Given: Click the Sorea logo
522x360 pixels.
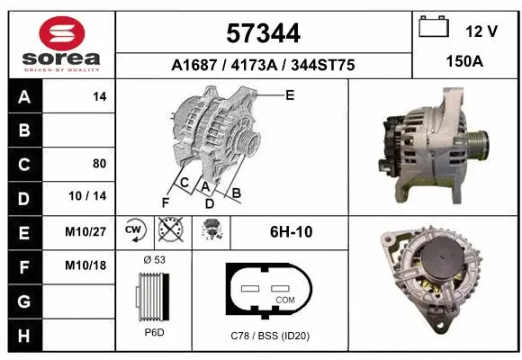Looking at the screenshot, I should click(60, 42).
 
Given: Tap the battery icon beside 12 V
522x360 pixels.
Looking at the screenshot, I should click(435, 28).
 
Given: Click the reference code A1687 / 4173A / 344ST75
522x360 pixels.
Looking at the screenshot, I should click(263, 65).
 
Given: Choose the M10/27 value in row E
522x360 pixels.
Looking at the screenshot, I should click(86, 231).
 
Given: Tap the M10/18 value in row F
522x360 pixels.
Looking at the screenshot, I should click(86, 265).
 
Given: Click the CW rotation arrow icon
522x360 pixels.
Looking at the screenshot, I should click(134, 230).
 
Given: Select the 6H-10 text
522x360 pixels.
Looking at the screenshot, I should click(291, 231).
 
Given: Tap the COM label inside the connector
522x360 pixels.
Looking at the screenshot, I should click(285, 299).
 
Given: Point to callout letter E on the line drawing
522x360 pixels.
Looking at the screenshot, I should click(289, 94).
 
